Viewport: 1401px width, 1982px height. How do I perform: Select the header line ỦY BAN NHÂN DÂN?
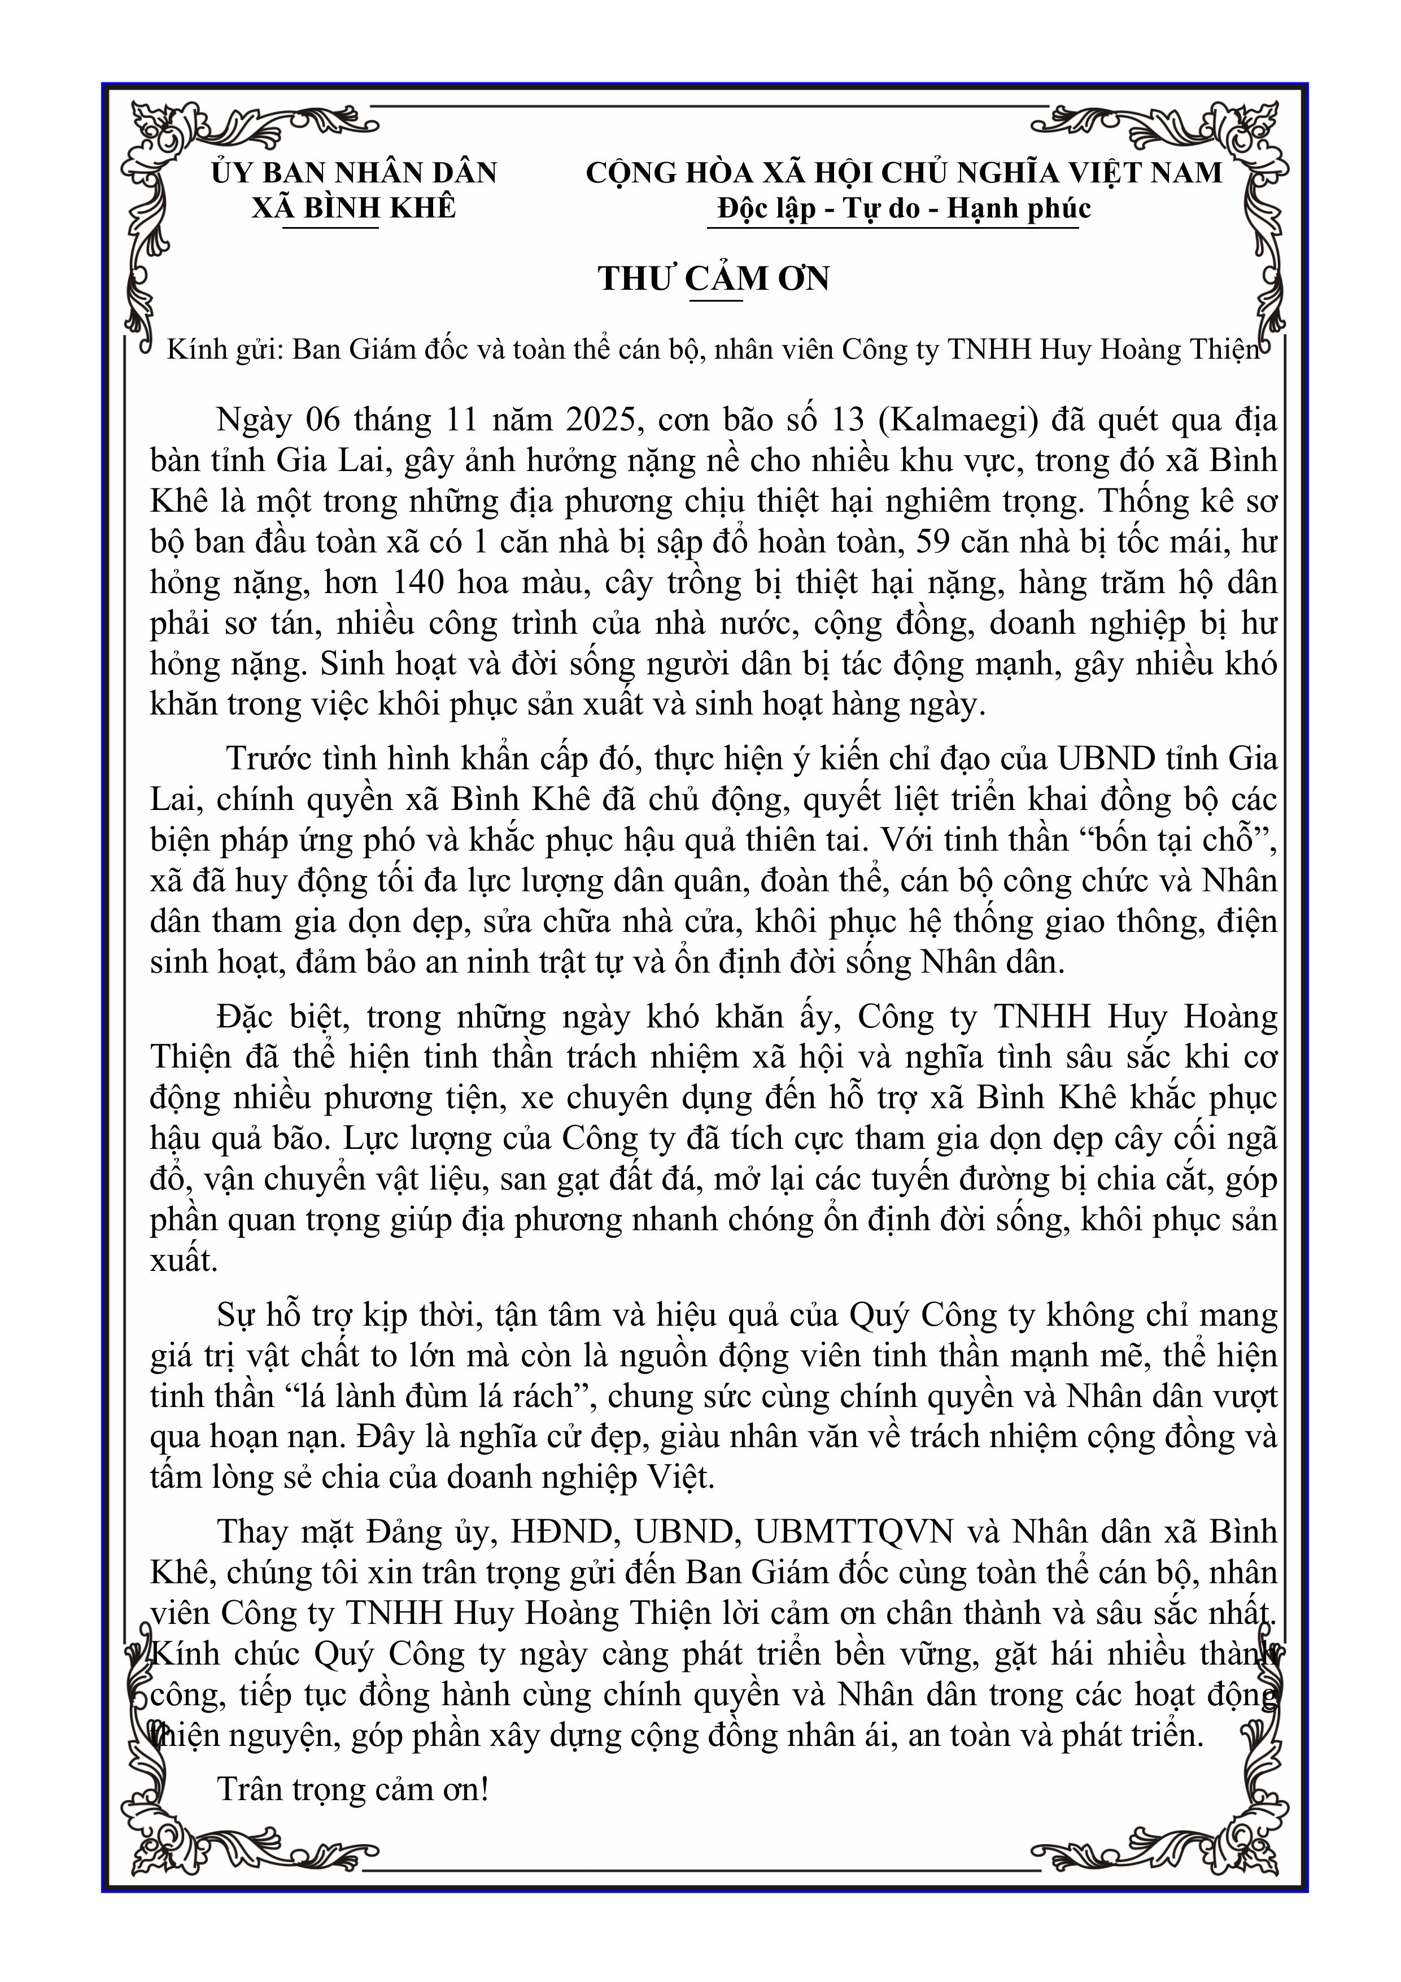354,173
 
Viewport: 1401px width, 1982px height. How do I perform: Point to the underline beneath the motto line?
893,228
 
